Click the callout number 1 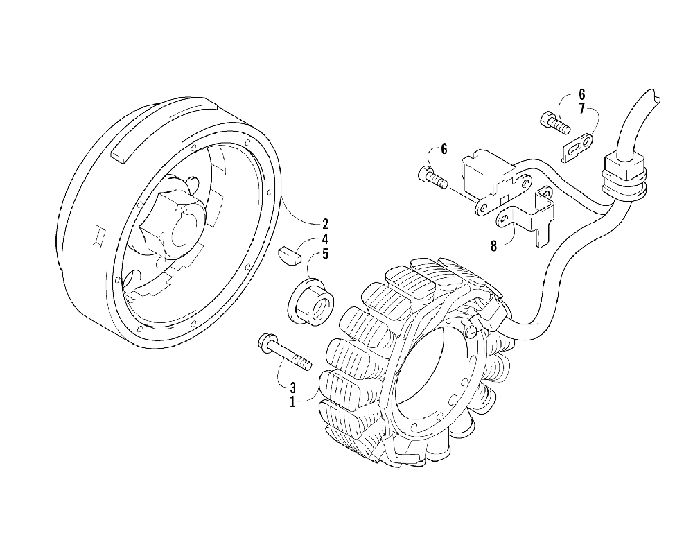293,401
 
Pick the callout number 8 494,245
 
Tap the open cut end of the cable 653,96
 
